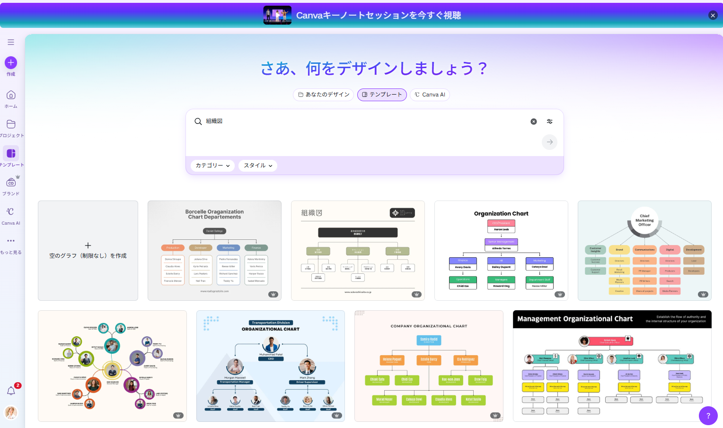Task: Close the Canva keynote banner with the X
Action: pyautogui.click(x=713, y=15)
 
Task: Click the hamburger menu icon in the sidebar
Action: pyautogui.click(x=11, y=42)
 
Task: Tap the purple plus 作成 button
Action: pyautogui.click(x=11, y=63)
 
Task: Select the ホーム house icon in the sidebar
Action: pyautogui.click(x=11, y=95)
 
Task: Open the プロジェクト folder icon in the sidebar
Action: pyautogui.click(x=11, y=124)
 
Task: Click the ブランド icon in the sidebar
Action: pyautogui.click(x=11, y=183)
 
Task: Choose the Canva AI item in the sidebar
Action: pyautogui.click(x=11, y=212)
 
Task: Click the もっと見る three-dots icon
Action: pyautogui.click(x=11, y=241)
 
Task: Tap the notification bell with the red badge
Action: pyautogui.click(x=11, y=391)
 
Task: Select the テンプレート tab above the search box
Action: pyautogui.click(x=382, y=95)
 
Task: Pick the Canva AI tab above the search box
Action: pyautogui.click(x=430, y=95)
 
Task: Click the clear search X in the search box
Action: pyautogui.click(x=534, y=122)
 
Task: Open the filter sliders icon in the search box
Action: pyautogui.click(x=550, y=122)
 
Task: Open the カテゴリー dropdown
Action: pyautogui.click(x=212, y=166)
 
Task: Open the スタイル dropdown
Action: pyautogui.click(x=258, y=166)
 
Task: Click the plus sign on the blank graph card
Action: pyautogui.click(x=88, y=245)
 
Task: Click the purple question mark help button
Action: pyautogui.click(x=708, y=416)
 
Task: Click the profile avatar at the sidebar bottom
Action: pyautogui.click(x=11, y=412)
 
